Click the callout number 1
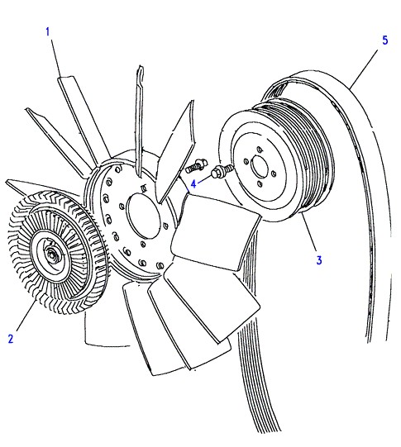48,31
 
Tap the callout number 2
11,339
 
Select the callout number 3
319,260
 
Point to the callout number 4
193,184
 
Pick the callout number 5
385,40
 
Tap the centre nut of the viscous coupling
52,254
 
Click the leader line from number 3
309,233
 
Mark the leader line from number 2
26,316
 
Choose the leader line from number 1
56,57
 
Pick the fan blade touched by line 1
83,120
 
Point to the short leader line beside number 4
205,181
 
